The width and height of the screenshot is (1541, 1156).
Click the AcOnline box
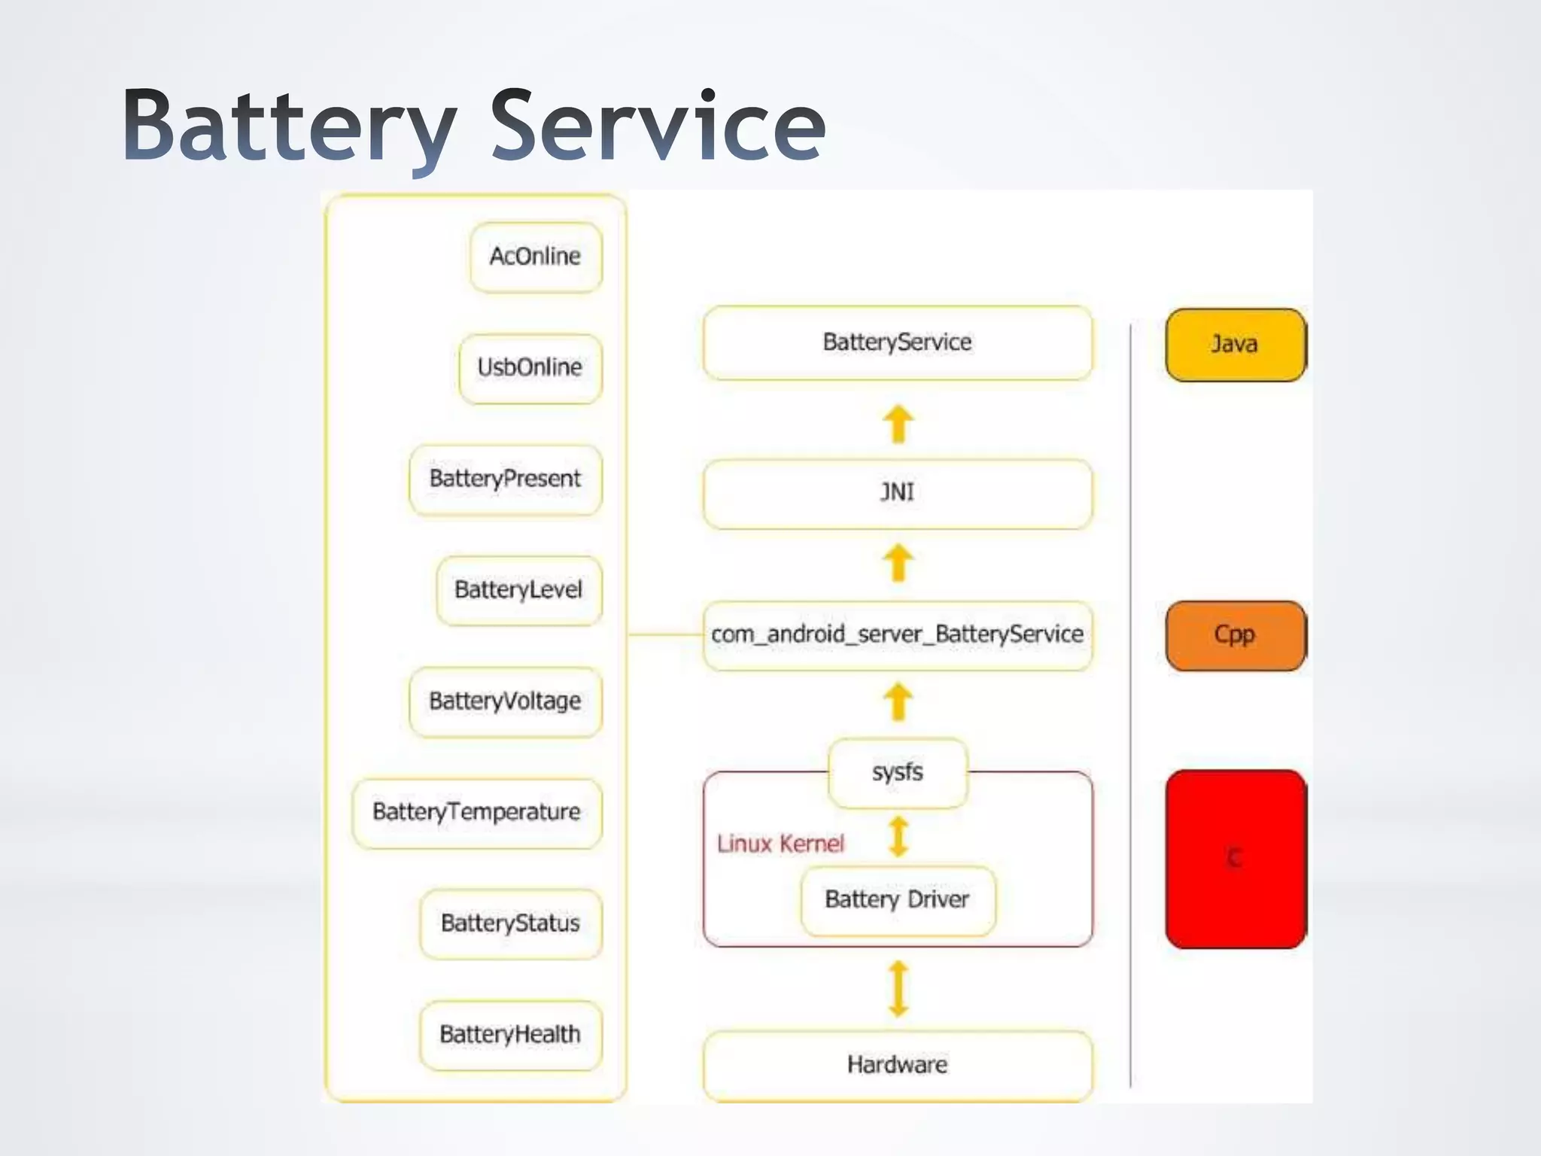pyautogui.click(x=536, y=257)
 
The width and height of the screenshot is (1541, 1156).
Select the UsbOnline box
pyautogui.click(x=530, y=368)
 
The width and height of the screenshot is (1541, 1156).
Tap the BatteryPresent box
pyautogui.click(x=505, y=479)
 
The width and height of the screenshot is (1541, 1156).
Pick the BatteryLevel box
pyautogui.click(x=518, y=590)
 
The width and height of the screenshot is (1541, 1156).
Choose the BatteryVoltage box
pyautogui.click(x=505, y=701)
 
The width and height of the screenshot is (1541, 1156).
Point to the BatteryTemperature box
pyautogui.click(x=476, y=813)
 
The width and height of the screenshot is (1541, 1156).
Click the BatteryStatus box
pyautogui.click(x=510, y=923)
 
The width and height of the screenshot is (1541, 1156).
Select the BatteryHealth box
pyautogui.click(x=510, y=1035)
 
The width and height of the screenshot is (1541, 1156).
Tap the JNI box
pyautogui.click(x=897, y=493)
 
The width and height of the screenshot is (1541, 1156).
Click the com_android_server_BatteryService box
pyautogui.click(x=897, y=635)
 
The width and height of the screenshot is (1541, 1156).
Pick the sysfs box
pyautogui.click(x=897, y=772)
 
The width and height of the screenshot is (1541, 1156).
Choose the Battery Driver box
pyautogui.click(x=897, y=900)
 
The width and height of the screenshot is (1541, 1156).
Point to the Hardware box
pyautogui.click(x=897, y=1065)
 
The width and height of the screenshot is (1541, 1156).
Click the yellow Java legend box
pyautogui.click(x=1235, y=345)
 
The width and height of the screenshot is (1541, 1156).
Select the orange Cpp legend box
pyautogui.click(x=1235, y=635)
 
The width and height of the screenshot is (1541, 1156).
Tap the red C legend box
pyautogui.click(x=1235, y=858)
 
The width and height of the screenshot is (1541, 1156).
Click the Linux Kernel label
pyautogui.click(x=780, y=844)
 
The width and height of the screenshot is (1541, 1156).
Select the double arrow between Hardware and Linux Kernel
pyautogui.click(x=898, y=988)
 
